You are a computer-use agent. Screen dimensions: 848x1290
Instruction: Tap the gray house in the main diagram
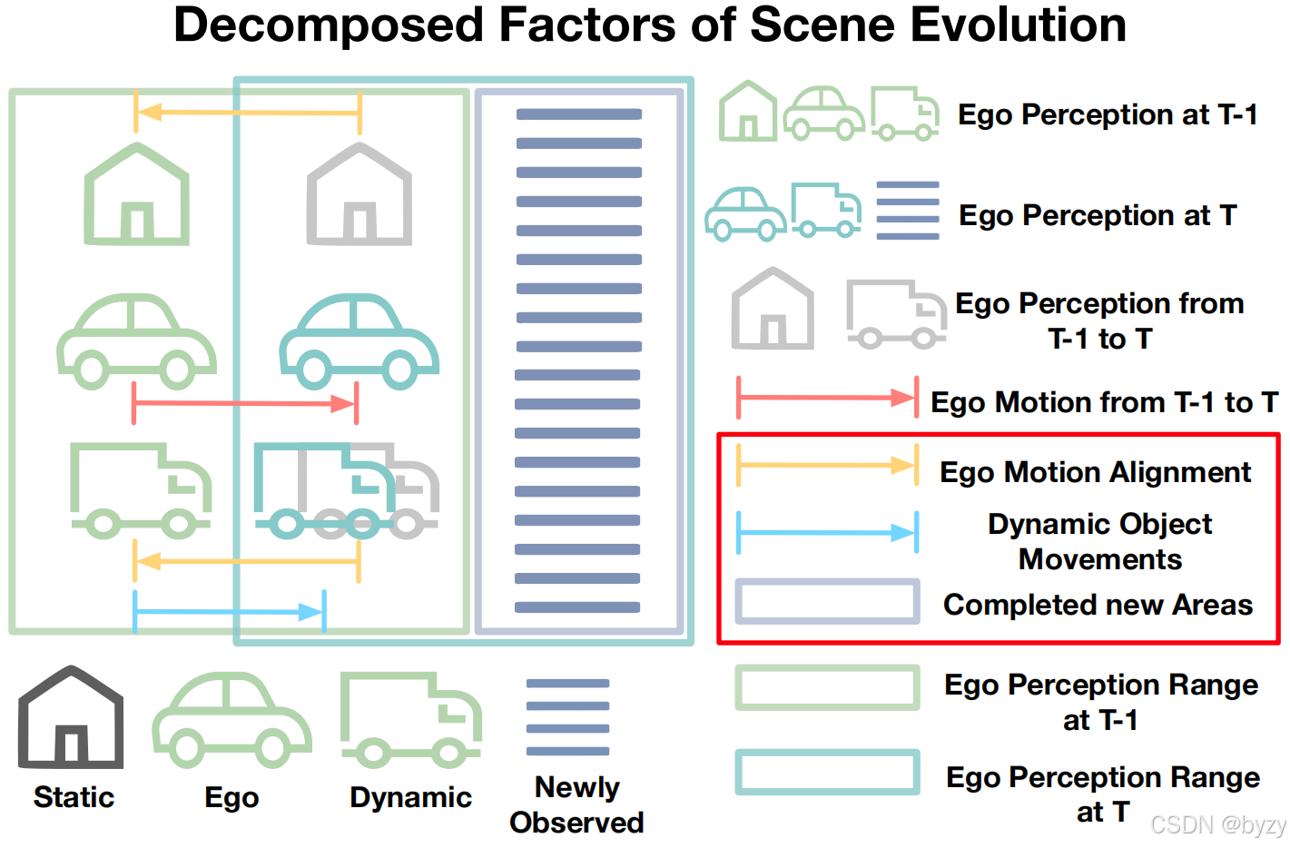click(x=359, y=194)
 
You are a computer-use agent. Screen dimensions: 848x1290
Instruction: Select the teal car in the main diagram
click(x=359, y=341)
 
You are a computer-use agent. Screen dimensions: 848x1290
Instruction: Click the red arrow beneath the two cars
click(x=245, y=403)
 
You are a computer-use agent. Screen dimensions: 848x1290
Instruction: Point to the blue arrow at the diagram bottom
click(x=229, y=612)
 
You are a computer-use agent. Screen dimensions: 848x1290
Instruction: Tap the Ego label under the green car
click(x=231, y=797)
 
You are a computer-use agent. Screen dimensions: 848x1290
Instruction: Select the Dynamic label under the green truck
click(x=410, y=797)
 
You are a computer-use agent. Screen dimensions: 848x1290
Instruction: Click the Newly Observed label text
click(x=576, y=804)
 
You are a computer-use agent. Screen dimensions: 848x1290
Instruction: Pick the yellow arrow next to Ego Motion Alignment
click(x=827, y=466)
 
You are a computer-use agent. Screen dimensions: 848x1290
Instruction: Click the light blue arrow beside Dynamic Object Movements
click(x=827, y=533)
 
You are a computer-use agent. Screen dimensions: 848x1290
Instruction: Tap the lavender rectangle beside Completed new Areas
click(x=827, y=601)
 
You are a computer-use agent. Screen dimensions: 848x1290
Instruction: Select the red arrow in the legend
click(x=827, y=398)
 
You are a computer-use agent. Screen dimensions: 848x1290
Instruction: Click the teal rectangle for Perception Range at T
click(x=827, y=772)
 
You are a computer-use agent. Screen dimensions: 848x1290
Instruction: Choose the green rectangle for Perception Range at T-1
click(x=827, y=687)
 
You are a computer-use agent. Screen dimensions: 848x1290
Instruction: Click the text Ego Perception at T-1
click(x=1108, y=115)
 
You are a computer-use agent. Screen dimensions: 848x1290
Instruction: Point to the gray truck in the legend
click(x=895, y=314)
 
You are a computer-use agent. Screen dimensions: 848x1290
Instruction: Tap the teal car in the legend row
click(x=745, y=214)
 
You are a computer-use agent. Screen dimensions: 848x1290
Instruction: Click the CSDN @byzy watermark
click(x=1217, y=824)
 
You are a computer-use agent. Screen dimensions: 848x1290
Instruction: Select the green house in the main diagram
click(x=137, y=194)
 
